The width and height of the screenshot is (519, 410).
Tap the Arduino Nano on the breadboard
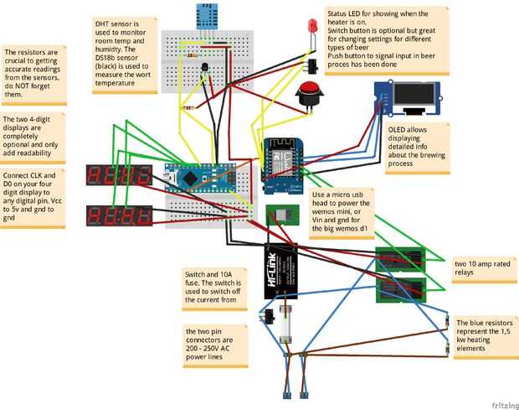[x=202, y=177]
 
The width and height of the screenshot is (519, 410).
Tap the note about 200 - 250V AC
[x=215, y=346]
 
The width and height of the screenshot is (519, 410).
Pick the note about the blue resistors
[x=482, y=335]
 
